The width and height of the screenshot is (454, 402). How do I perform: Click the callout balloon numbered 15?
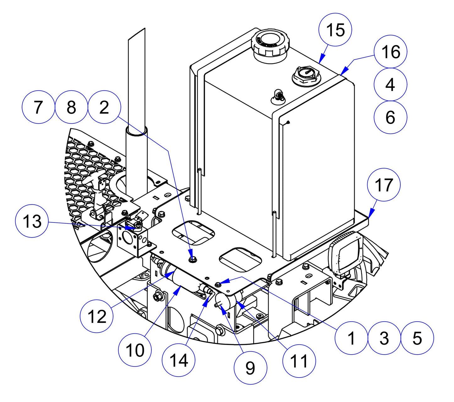tap(335, 30)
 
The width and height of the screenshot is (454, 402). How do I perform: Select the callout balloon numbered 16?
tap(391, 51)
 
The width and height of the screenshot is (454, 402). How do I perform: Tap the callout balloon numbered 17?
tap(384, 185)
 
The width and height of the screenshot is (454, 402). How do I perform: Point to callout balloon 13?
tap(32, 222)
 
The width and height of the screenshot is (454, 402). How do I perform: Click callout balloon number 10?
tap(135, 350)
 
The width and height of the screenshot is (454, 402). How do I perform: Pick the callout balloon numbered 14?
tap(178, 360)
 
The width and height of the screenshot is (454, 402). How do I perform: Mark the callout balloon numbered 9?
tap(250, 367)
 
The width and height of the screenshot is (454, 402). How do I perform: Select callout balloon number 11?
tap(299, 361)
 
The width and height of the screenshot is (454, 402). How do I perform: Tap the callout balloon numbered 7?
tap(38, 107)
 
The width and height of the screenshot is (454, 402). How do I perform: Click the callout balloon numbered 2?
tap(104, 107)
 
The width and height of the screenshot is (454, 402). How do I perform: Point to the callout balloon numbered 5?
tap(417, 338)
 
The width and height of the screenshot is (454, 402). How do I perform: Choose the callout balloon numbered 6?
tap(391, 117)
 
